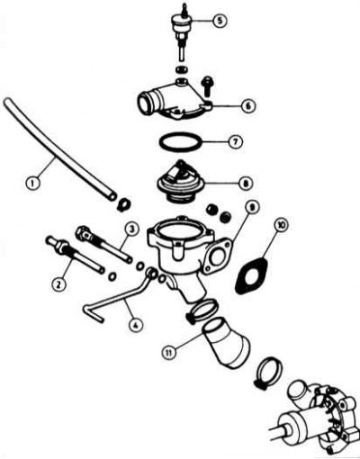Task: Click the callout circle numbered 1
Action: tap(32, 182)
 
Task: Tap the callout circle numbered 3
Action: tap(131, 230)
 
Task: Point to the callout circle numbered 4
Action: tap(135, 325)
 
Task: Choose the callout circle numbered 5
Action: tap(220, 21)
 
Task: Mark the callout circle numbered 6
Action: tap(247, 106)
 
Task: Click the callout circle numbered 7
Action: tap(235, 141)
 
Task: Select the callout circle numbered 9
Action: tap(252, 207)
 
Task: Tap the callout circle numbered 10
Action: tap(281, 224)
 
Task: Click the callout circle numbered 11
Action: tap(169, 352)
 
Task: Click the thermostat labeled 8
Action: tap(181, 181)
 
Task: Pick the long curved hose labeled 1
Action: tap(57, 149)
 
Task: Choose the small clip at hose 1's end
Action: tap(123, 204)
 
